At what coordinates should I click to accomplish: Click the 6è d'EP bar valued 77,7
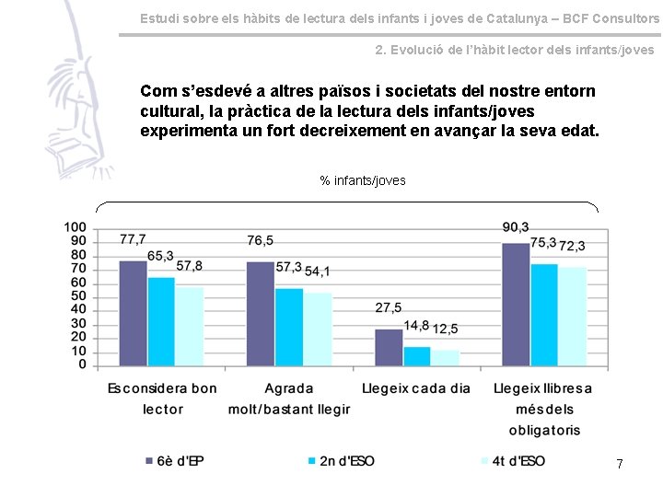point(133,313)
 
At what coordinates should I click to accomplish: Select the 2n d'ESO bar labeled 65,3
point(161,321)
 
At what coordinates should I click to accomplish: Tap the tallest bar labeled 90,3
point(516,304)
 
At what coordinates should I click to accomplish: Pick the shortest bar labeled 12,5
point(446,357)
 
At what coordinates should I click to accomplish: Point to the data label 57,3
point(288,267)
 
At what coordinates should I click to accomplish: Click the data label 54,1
point(318,272)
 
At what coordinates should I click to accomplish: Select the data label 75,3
point(543,243)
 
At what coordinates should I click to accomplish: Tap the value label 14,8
point(416,325)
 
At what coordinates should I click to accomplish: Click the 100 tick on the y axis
point(76,227)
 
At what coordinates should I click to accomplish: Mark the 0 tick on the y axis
point(83,365)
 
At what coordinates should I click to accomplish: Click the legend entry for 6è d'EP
point(174,460)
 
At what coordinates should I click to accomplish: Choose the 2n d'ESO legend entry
point(341,460)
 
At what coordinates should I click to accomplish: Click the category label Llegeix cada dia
point(416,388)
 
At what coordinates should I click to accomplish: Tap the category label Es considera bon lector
point(162,399)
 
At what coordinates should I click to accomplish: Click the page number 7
point(620,465)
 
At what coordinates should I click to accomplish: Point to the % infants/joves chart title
point(363,180)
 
